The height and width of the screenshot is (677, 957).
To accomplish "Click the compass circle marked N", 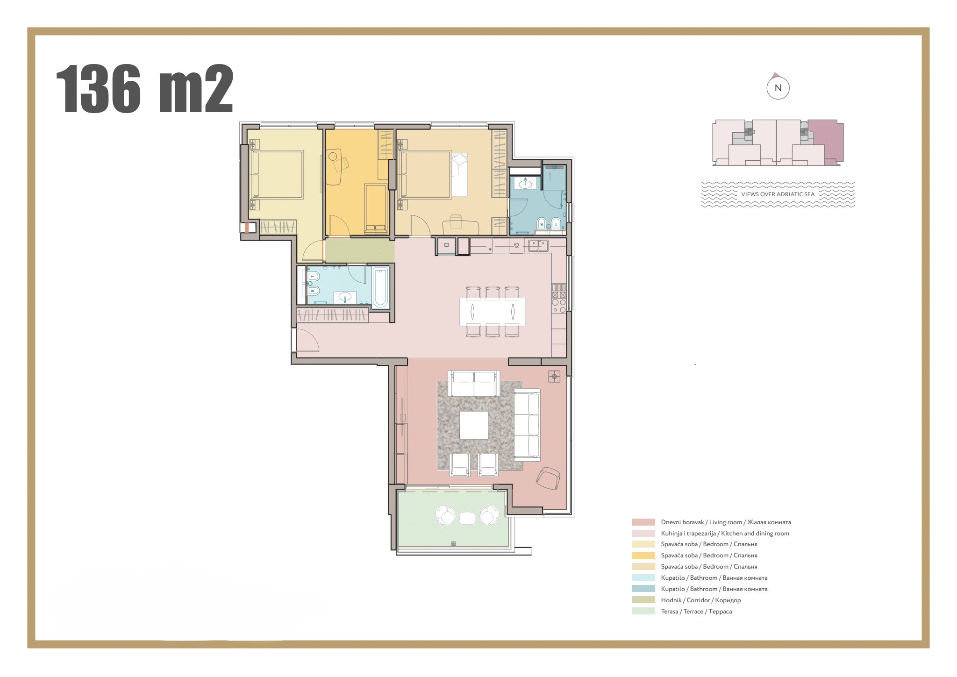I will [778, 88].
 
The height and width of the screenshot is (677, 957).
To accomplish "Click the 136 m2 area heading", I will [144, 89].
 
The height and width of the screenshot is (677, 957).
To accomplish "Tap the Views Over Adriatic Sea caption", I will [778, 194].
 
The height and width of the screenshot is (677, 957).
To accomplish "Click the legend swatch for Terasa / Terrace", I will [643, 611].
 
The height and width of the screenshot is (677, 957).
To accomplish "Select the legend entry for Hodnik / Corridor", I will [700, 600].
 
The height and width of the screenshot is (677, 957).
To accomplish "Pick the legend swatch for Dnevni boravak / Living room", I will [643, 522].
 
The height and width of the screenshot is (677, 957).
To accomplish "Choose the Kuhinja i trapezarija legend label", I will [724, 534].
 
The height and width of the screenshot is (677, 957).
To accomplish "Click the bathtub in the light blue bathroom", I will [380, 287].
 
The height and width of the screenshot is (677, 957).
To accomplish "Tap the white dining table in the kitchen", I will [493, 311].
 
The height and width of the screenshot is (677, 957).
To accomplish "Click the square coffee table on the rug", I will [474, 425].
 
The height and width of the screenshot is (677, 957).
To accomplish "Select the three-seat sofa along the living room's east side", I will [527, 424].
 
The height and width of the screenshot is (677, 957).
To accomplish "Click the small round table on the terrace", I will [467, 518].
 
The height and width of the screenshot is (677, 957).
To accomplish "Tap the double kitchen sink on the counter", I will [538, 245].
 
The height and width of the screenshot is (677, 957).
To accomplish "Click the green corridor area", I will [359, 250].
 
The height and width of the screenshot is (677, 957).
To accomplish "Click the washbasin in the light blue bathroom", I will [345, 297].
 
